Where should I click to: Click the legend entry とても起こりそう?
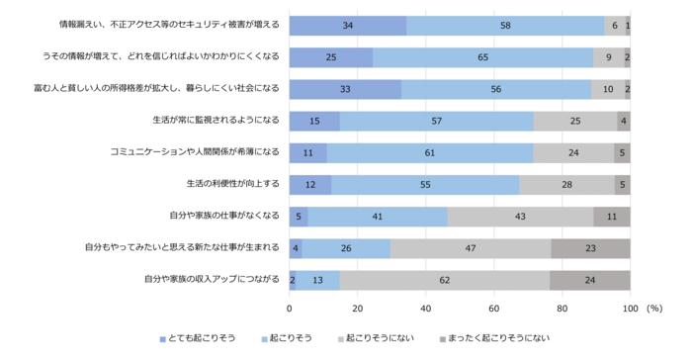click(201, 338)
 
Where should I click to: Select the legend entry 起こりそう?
click(292, 338)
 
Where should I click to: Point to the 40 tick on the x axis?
click(426, 308)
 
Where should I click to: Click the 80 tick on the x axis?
click(562, 308)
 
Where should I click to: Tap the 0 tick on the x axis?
click(290, 308)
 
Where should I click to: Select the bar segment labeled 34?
click(348, 25)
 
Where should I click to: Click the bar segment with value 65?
click(482, 57)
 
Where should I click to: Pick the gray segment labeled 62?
click(445, 280)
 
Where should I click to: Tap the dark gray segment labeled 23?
click(590, 248)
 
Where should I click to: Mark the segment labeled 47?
click(471, 248)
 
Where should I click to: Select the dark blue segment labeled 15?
click(314, 121)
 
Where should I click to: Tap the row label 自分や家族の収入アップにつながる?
click(212, 280)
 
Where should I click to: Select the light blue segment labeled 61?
click(430, 152)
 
